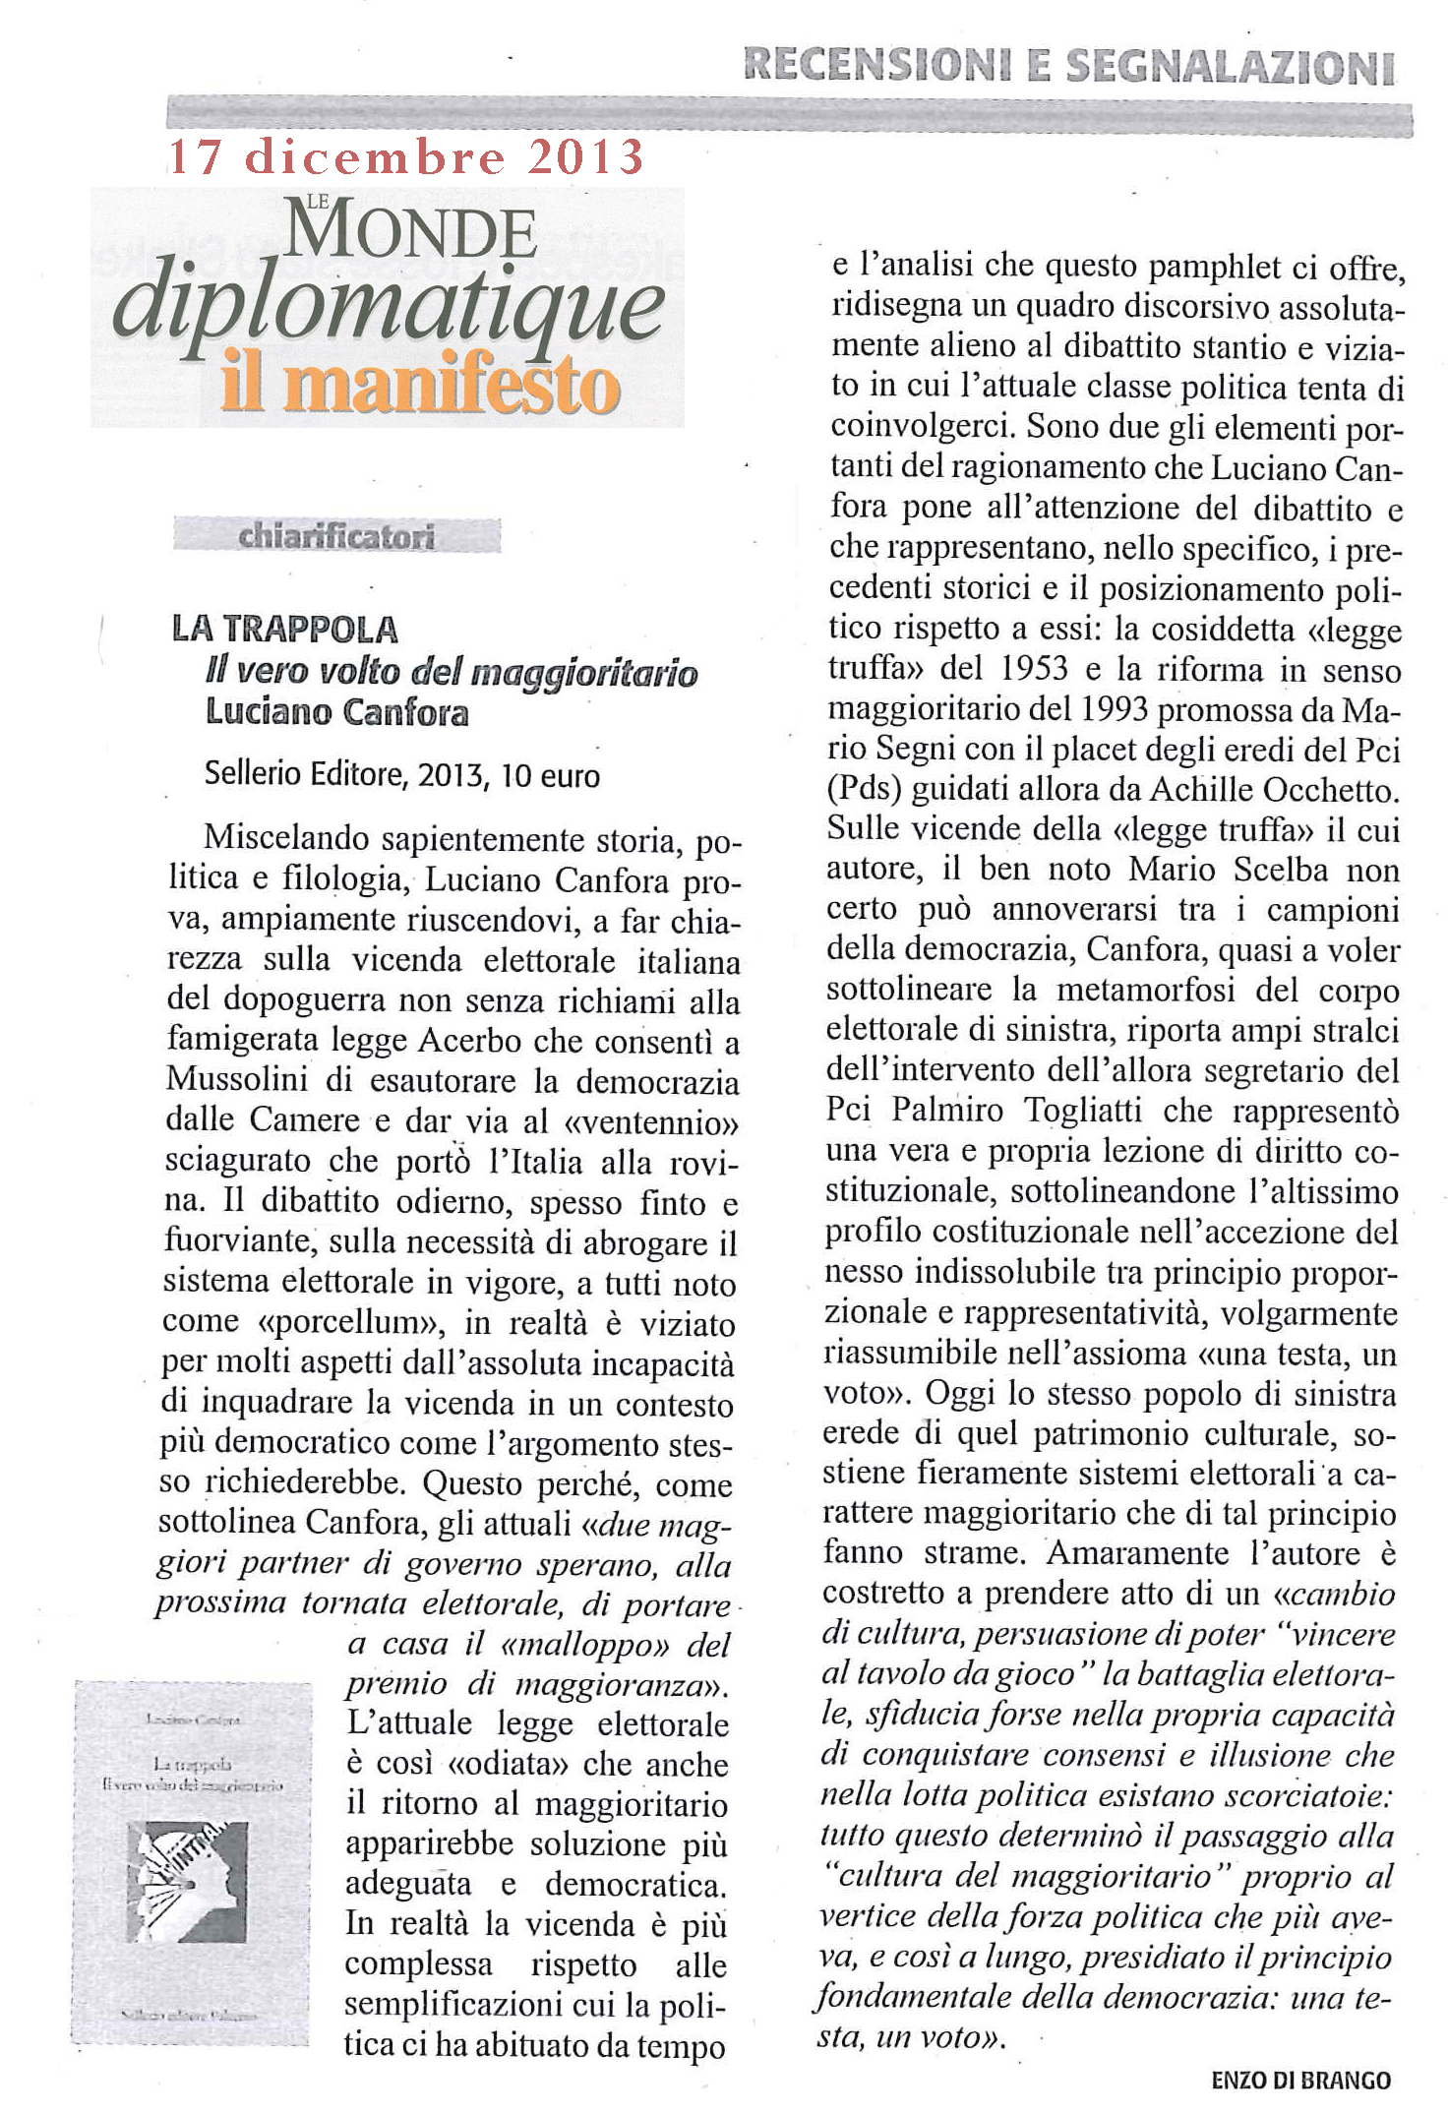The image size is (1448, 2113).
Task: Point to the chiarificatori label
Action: point(336,537)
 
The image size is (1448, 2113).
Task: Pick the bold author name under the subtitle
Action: point(336,711)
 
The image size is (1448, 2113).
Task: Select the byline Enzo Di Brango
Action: point(1300,2080)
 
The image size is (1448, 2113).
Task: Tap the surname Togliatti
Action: point(1082,1110)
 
